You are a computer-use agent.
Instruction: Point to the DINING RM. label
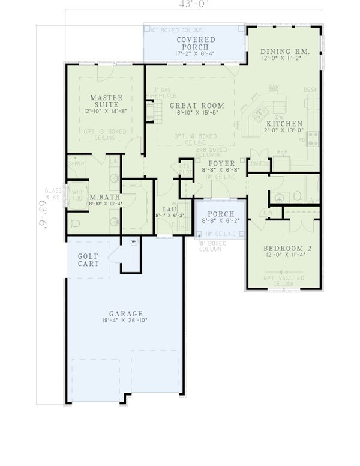tap(285, 52)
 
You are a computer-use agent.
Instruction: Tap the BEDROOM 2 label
tap(285, 247)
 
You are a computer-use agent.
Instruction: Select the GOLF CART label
tap(88, 260)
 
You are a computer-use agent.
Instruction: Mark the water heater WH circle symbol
tap(134, 242)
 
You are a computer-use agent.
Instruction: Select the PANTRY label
tap(259, 163)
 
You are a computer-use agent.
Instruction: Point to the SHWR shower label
tap(76, 163)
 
